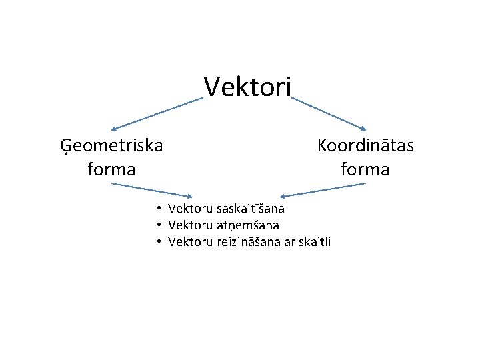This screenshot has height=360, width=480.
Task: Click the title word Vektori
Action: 247,86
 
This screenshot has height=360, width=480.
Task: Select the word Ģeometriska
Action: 111,145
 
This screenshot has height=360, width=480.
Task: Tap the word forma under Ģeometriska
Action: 111,169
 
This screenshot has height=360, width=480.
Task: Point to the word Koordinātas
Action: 365,145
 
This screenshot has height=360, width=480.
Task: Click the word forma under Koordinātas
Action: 365,169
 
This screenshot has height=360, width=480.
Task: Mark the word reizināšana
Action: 249,241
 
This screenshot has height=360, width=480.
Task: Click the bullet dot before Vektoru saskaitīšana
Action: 160,210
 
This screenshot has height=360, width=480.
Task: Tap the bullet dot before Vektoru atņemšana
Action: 160,225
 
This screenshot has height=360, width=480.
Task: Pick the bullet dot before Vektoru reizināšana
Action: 160,241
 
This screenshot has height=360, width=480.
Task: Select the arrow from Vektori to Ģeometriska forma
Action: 157,114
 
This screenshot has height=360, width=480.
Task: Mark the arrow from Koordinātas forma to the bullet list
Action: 323,190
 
